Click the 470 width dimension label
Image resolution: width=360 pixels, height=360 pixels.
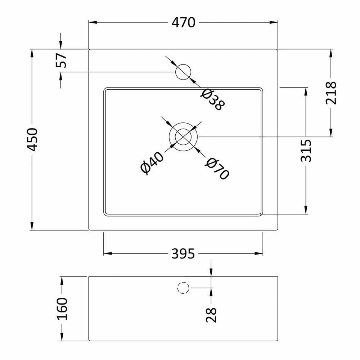point(183,23)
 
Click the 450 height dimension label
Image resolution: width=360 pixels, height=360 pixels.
point(32,139)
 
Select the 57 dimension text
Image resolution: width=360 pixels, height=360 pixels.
point(61,60)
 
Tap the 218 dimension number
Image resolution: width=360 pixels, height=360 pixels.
point(330,93)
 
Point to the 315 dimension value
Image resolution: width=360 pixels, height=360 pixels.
point(306,150)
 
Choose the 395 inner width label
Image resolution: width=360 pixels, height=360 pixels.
point(183,254)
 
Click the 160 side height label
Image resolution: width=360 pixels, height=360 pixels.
point(62,309)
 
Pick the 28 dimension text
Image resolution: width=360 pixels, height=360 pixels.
point(211,315)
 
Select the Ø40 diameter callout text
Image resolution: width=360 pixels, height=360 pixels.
point(152,163)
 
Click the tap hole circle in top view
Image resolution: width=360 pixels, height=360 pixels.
point(183,72)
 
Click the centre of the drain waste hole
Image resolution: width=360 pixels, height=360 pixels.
point(183,137)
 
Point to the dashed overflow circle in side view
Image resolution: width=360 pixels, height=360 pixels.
point(183,288)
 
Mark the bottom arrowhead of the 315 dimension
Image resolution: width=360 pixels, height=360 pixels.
point(306,210)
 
